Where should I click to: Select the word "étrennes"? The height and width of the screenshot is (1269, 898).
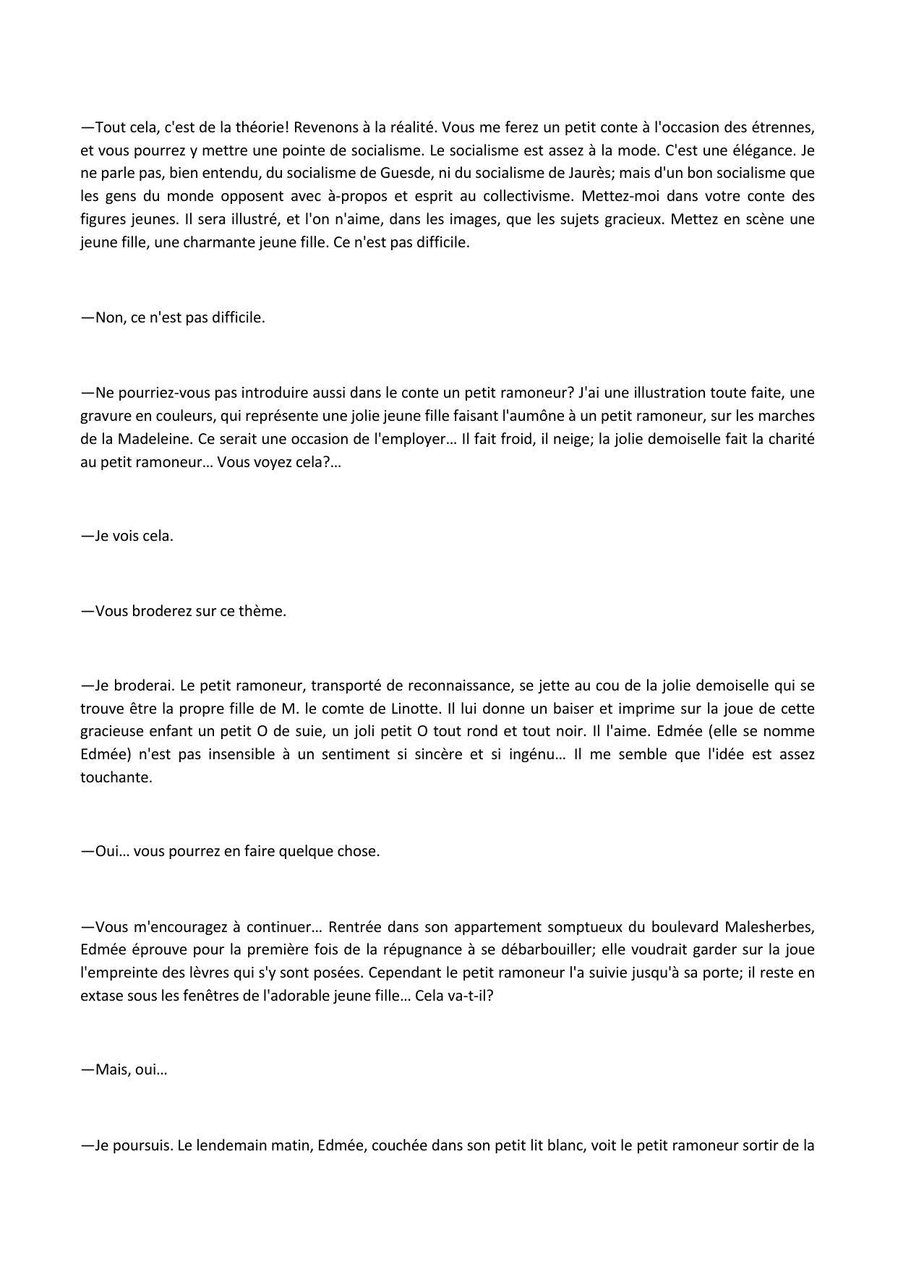pyautogui.click(x=786, y=128)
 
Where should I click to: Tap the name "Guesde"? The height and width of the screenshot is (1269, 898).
pyautogui.click(x=391, y=174)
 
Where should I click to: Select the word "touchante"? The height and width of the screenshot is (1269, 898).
pyautogui.click(x=116, y=778)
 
